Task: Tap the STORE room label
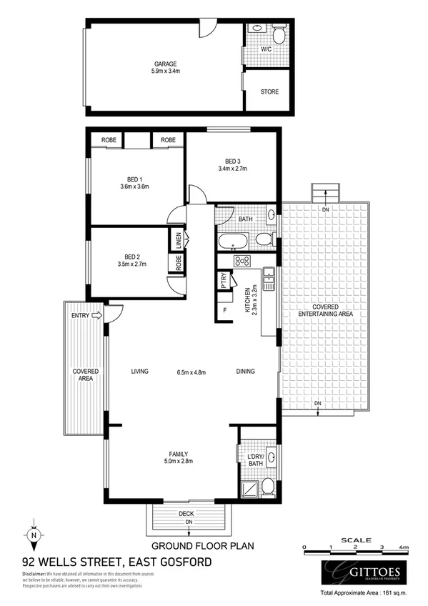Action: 269,92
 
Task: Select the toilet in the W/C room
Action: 278,34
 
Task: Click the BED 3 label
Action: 232,160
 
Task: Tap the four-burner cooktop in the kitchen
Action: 242,261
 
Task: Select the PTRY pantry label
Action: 224,279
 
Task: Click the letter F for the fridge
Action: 226,309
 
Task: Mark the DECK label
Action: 185,514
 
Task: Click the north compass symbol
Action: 34,534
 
